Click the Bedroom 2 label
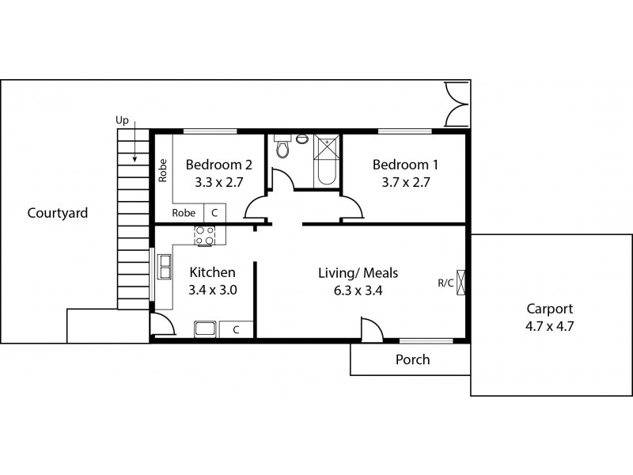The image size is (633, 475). pyautogui.click(x=218, y=165)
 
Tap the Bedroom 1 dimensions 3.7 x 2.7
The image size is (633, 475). pyautogui.click(x=405, y=181)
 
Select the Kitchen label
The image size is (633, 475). pyautogui.click(x=212, y=273)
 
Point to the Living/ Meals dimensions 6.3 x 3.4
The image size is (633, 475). pyautogui.click(x=358, y=289)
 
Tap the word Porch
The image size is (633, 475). pyautogui.click(x=412, y=359)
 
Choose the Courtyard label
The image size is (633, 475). pyautogui.click(x=57, y=213)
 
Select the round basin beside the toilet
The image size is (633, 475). pyautogui.click(x=301, y=139)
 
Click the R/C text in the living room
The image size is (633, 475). pyautogui.click(x=445, y=283)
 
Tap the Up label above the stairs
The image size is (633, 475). pyautogui.click(x=122, y=120)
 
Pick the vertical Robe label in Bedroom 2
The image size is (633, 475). pyautogui.click(x=163, y=172)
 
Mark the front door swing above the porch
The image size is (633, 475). pyautogui.click(x=370, y=328)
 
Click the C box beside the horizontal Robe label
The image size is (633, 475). pyautogui.click(x=214, y=213)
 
